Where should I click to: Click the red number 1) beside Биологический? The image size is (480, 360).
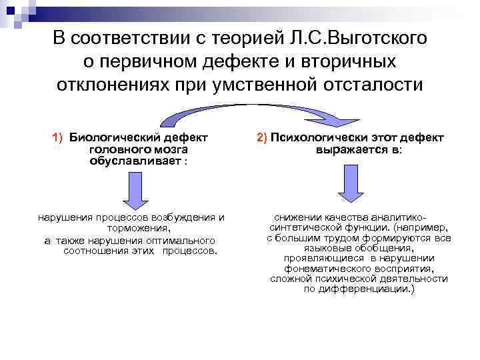(x=57, y=137)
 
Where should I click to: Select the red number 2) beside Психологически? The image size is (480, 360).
(x=261, y=137)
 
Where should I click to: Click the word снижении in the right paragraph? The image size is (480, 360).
(x=299, y=217)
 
